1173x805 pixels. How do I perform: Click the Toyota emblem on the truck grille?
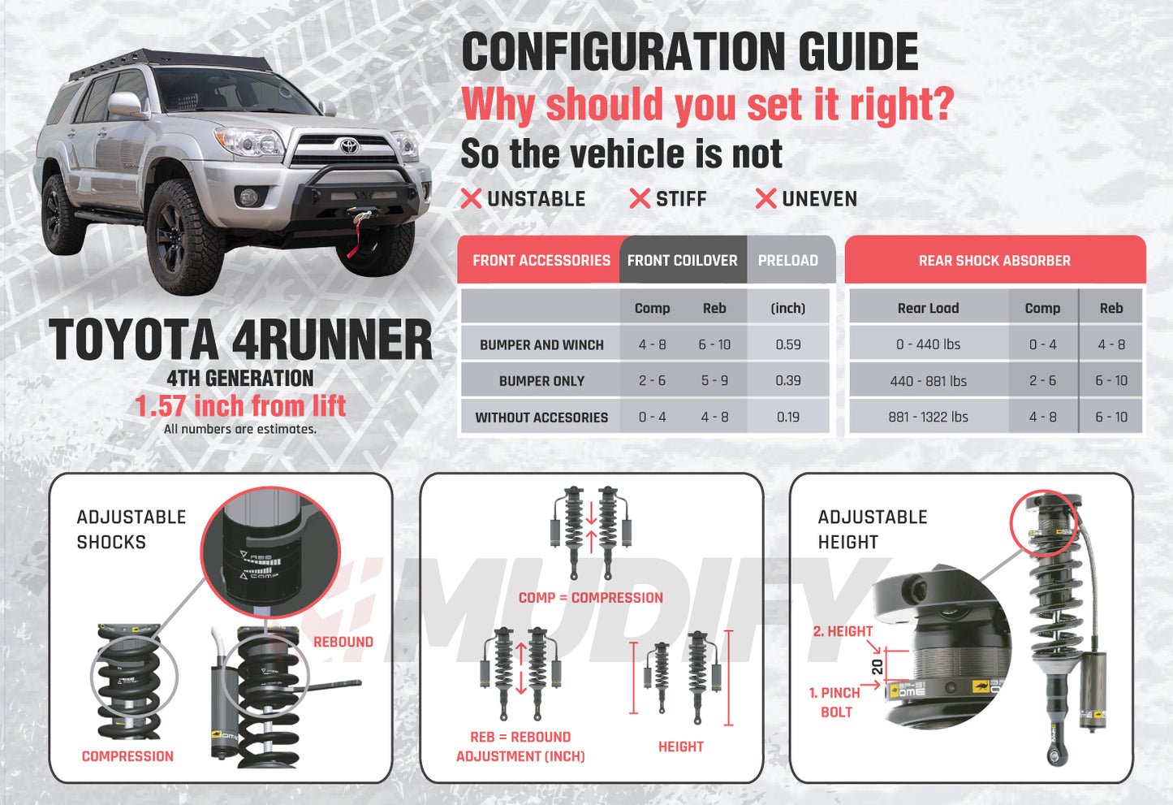tap(349, 146)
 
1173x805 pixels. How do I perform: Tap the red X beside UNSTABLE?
tap(471, 198)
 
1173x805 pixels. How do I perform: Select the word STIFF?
tap(681, 199)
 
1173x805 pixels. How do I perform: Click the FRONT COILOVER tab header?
tap(682, 261)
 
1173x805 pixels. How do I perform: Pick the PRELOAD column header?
tap(787, 261)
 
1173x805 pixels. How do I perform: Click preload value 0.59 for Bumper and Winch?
tap(787, 344)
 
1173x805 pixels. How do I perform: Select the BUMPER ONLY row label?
tap(541, 381)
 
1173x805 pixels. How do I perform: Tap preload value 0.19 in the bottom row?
tap(787, 418)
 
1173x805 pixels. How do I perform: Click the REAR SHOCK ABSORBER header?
tap(994, 261)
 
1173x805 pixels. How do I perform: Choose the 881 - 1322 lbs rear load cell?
tap(928, 418)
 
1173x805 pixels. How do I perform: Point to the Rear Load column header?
tap(928, 309)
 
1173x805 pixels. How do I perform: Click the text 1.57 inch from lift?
tap(240, 405)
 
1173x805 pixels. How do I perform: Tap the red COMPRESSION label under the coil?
tap(127, 756)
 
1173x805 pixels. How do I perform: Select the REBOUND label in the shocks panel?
tap(343, 642)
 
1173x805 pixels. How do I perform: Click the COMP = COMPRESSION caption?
tap(590, 598)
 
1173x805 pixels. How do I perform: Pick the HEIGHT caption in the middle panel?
tap(680, 747)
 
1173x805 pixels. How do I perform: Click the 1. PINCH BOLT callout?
tap(834, 703)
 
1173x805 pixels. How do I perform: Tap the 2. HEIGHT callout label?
tap(843, 631)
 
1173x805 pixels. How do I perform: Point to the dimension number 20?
tap(878, 667)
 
